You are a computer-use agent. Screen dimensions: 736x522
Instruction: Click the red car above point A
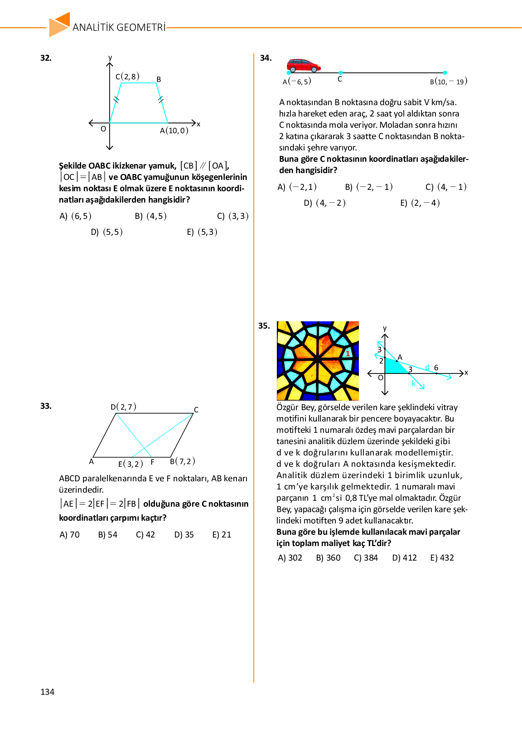pos(304,66)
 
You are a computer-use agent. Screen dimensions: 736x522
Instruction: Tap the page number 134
pos(47,692)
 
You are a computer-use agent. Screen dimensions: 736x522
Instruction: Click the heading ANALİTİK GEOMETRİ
pos(119,27)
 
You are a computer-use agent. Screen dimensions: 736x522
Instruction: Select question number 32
pos(46,58)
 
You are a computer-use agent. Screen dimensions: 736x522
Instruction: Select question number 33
pos(46,406)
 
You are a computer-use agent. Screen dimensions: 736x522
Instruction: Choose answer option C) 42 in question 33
pos(145,535)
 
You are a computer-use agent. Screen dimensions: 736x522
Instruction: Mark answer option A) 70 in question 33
pos(69,535)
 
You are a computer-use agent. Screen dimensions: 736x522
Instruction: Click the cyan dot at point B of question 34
pos(445,73)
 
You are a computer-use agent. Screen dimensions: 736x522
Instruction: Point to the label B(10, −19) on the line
pos(449,82)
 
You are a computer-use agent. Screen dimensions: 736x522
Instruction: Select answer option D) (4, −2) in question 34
pos(324,203)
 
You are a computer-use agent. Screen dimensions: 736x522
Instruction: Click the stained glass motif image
pos(318,361)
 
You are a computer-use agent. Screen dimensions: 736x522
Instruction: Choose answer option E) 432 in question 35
pos(442,558)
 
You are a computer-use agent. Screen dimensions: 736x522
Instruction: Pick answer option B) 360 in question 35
pos(328,558)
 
